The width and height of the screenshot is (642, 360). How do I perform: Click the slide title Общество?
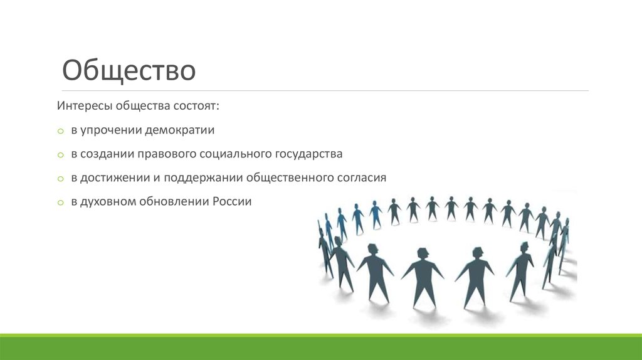coord(129,71)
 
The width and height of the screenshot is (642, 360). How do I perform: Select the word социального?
coord(235,154)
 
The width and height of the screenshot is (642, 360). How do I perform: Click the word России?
coord(231,202)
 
